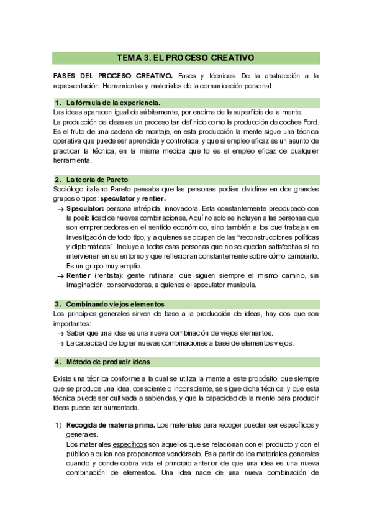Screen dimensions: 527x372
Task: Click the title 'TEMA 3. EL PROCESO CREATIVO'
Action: pyautogui.click(x=186, y=58)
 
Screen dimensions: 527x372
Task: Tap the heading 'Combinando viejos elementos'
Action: pyautogui.click(x=115, y=305)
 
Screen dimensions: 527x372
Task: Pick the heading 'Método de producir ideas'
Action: pyautogui.click(x=107, y=362)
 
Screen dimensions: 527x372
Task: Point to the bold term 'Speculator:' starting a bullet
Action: pyautogui.click(x=85, y=208)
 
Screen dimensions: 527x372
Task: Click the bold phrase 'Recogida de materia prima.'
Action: pyautogui.click(x=111, y=425)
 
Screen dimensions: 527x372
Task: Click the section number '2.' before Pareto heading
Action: pyautogui.click(x=58, y=180)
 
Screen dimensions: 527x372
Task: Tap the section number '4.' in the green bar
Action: pyautogui.click(x=58, y=362)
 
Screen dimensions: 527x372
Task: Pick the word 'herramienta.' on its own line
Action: pyautogui.click(x=72, y=160)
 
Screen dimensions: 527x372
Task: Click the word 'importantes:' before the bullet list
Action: pyautogui.click(x=72, y=324)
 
